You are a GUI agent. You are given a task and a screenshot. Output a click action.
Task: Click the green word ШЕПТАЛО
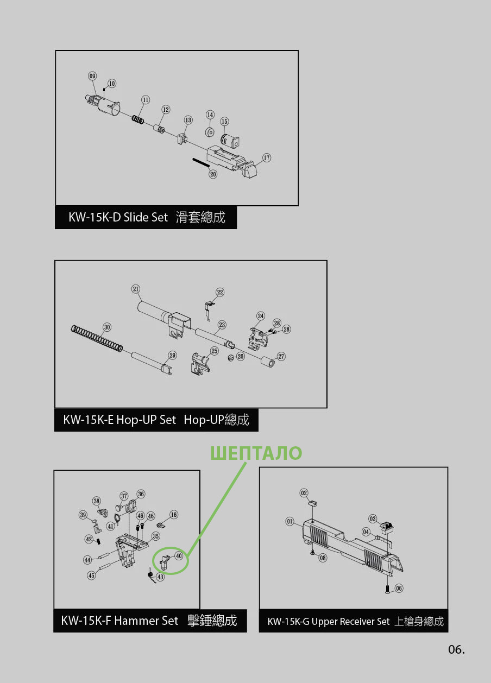tap(256, 453)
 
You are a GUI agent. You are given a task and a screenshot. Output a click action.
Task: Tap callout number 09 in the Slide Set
tap(92, 76)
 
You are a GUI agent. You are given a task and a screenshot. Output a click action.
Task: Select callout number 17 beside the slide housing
tap(267, 157)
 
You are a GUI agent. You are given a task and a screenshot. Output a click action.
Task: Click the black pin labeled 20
tap(200, 162)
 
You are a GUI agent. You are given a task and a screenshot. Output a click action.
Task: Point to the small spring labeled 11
tap(138, 119)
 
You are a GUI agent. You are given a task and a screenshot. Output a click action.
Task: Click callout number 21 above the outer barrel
tap(136, 289)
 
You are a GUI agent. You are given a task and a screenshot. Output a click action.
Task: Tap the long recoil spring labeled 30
tap(97, 338)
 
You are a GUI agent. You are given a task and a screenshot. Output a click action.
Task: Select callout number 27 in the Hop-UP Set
tap(281, 357)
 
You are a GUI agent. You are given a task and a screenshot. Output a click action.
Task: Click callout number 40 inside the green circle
tap(179, 556)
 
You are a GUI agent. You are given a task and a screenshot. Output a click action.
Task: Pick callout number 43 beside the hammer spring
tap(160, 577)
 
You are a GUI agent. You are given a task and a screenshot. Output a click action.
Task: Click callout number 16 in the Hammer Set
tap(174, 515)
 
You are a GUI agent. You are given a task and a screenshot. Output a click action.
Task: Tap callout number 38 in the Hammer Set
tap(97, 501)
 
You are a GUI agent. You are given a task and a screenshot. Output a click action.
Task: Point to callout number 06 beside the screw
tap(399, 588)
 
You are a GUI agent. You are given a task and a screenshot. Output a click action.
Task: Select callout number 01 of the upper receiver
tap(290, 521)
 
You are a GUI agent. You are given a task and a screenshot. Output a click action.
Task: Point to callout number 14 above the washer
tap(210, 115)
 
